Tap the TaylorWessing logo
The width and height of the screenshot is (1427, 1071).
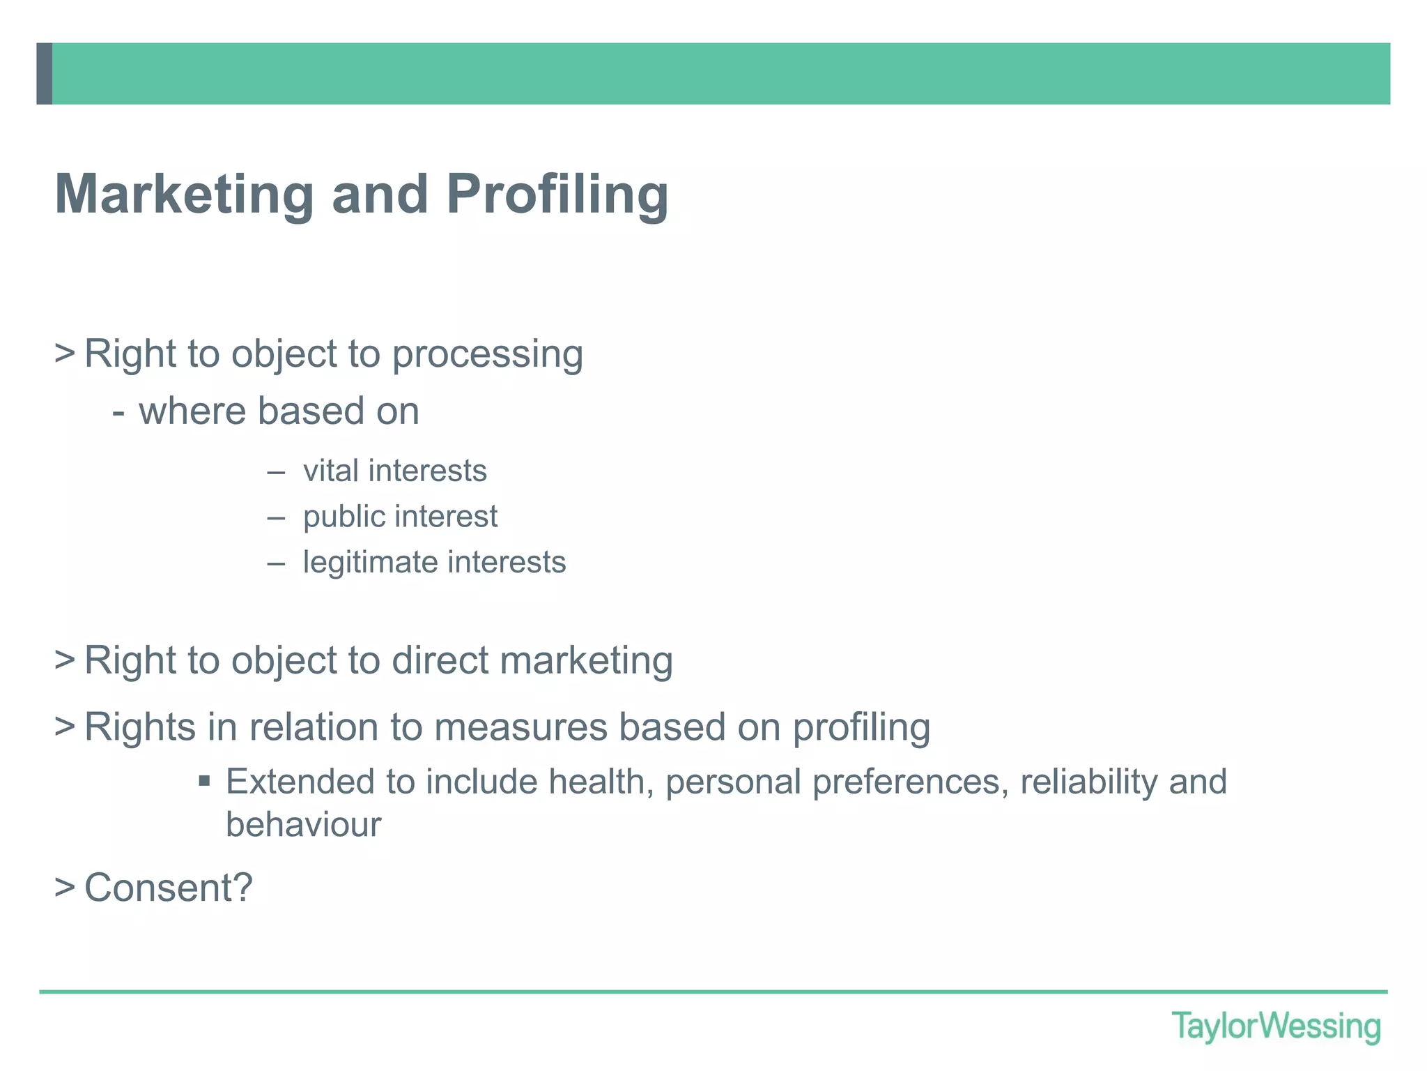coord(1276,1026)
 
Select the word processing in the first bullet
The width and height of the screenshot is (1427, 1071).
coord(487,354)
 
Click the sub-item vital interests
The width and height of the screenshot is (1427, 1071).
coord(394,471)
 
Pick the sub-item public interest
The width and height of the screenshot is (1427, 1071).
coord(400,517)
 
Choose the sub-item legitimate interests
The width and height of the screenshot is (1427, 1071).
coord(434,562)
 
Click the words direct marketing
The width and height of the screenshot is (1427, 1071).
coord(532,660)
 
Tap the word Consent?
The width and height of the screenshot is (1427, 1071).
coord(168,888)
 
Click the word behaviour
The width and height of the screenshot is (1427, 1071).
coord(303,824)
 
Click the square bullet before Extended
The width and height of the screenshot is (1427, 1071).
coord(204,781)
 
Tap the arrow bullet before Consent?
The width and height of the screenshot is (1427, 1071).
coord(65,888)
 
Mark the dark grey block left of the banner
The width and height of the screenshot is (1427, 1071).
coord(45,74)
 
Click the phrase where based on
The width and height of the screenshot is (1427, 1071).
coord(279,411)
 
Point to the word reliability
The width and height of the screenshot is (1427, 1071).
coord(1088,781)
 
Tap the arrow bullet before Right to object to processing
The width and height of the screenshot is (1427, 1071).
coord(65,354)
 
